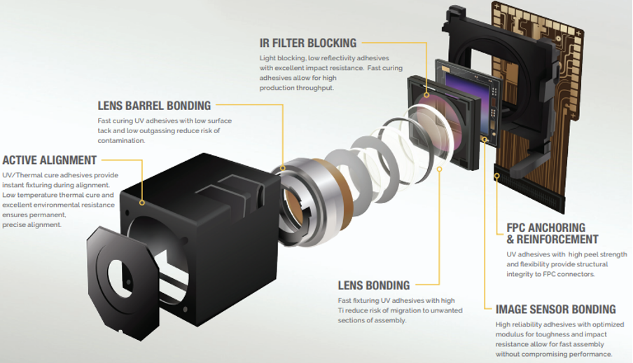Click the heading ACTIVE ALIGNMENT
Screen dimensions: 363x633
click(x=49, y=160)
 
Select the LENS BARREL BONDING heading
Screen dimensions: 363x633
click(x=154, y=106)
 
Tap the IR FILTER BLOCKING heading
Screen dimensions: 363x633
click(x=307, y=43)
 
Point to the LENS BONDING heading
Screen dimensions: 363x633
click(x=373, y=286)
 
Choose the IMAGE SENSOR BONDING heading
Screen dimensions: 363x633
click(x=555, y=309)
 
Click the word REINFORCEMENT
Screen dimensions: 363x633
click(x=552, y=240)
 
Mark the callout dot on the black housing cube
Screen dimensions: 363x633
click(x=142, y=202)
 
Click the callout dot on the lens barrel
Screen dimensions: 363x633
click(x=283, y=168)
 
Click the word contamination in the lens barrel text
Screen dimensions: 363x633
click(x=121, y=141)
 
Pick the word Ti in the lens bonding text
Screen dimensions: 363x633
click(x=342, y=310)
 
